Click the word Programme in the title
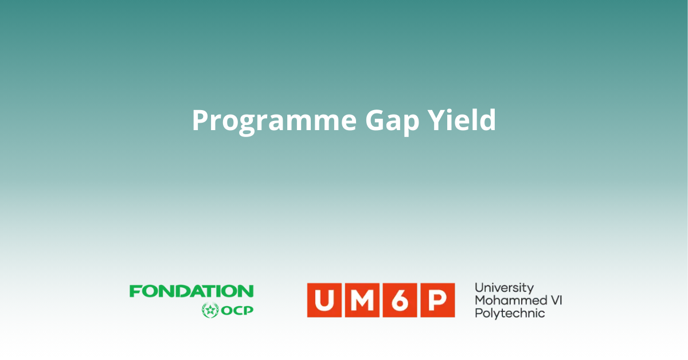click(x=274, y=121)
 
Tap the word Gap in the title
click(x=392, y=122)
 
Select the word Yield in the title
click(x=462, y=119)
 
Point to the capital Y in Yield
click(x=437, y=120)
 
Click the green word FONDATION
click(x=191, y=291)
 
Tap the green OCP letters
click(x=237, y=311)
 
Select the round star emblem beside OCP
click(x=210, y=310)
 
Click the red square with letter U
click(x=324, y=300)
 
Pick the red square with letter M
click(x=362, y=300)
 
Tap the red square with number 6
click(x=400, y=300)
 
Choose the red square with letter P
click(x=437, y=300)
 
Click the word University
click(x=505, y=288)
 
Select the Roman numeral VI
click(x=556, y=300)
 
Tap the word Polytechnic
click(x=510, y=314)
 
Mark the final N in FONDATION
click(x=247, y=291)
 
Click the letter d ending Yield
click(x=487, y=119)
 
